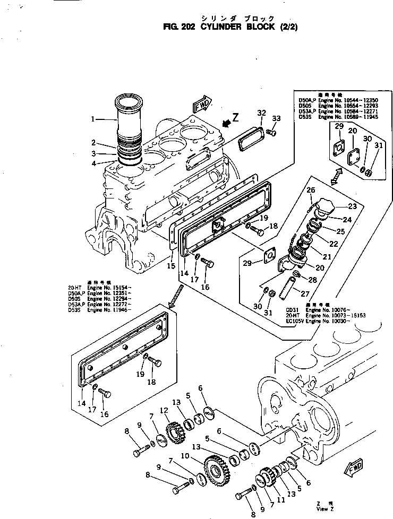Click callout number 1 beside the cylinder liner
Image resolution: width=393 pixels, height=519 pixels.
[93, 119]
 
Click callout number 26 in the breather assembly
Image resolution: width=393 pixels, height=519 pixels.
[311, 190]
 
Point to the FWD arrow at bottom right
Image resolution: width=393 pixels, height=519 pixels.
[354, 468]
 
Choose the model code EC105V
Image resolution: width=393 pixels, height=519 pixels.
[296, 322]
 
